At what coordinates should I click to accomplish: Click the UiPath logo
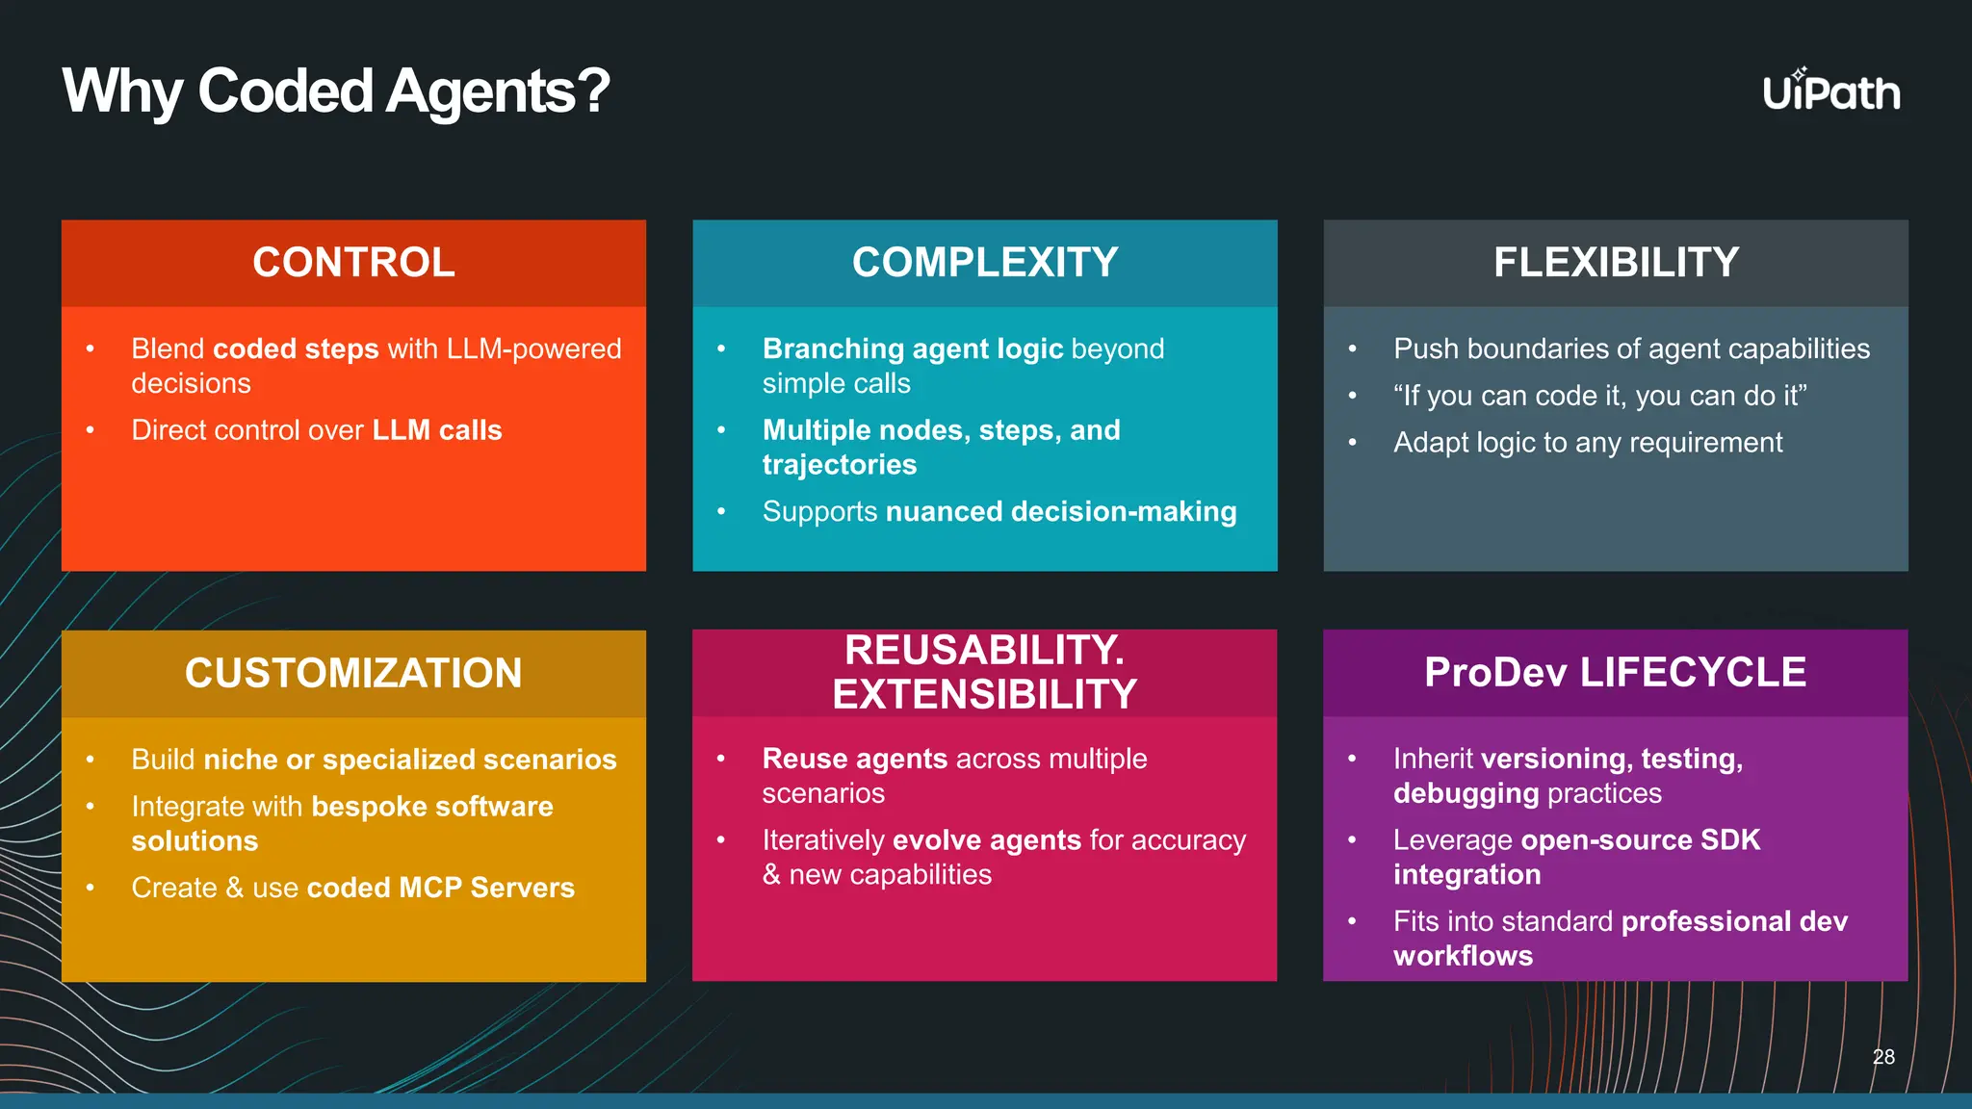pos(1830,92)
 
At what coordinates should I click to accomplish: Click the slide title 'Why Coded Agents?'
pos(336,91)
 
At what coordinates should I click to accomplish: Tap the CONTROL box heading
pos(353,263)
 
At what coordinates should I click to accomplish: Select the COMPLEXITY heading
pos(984,263)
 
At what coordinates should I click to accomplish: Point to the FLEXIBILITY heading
pos(1616,263)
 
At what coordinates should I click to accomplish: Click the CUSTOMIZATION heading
pos(353,673)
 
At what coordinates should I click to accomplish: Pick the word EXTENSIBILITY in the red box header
pos(984,694)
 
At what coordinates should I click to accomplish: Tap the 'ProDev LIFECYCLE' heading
pos(1615,672)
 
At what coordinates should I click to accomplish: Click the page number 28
pos(1883,1057)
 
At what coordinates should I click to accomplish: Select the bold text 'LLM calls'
pos(437,430)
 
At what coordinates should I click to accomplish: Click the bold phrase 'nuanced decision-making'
pos(1060,511)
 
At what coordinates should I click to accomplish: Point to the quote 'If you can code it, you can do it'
pos(1599,396)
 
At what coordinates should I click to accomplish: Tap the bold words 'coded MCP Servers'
pos(440,888)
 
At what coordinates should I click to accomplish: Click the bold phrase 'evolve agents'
pos(987,840)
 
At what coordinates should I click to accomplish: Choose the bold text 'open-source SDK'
pos(1640,839)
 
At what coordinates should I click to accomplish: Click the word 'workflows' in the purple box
pos(1463,956)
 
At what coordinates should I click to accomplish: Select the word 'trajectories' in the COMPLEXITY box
pos(839,465)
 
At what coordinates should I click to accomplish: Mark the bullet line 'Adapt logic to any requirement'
pos(1587,443)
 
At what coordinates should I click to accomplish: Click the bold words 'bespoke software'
pos(432,807)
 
